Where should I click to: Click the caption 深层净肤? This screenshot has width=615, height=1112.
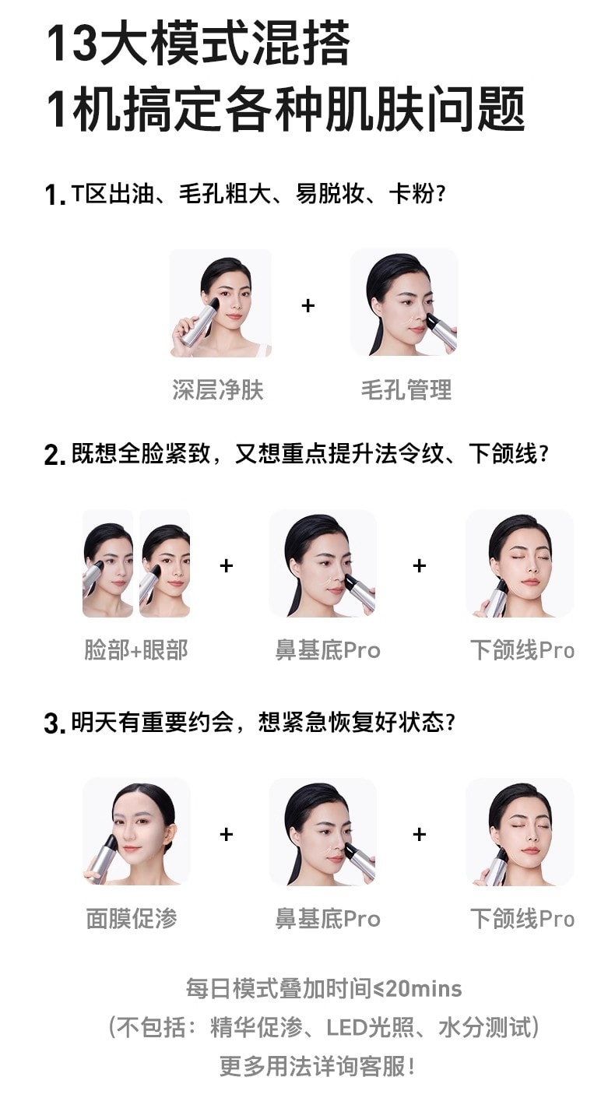click(218, 389)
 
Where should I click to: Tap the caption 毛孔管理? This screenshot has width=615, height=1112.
click(406, 389)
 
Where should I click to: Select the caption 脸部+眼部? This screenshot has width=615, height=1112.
click(136, 649)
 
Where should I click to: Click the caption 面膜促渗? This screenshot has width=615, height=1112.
click(132, 918)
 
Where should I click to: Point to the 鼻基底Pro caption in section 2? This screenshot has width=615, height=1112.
click(328, 649)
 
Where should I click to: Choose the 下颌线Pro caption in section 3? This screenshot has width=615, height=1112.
click(522, 918)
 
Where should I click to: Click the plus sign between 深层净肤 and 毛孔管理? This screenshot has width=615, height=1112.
click(308, 305)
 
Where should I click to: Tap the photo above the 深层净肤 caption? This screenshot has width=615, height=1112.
click(221, 303)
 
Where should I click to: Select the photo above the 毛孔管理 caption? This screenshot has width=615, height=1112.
click(404, 302)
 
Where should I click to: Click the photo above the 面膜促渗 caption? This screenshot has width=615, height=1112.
click(136, 832)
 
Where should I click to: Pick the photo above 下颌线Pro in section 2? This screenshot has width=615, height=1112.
click(520, 564)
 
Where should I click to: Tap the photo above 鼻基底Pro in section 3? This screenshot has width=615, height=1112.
click(322, 832)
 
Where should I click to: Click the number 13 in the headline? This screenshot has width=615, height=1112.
click(72, 44)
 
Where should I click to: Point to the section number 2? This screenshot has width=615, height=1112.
click(54, 455)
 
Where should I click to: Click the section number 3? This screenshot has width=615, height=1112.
click(54, 723)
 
